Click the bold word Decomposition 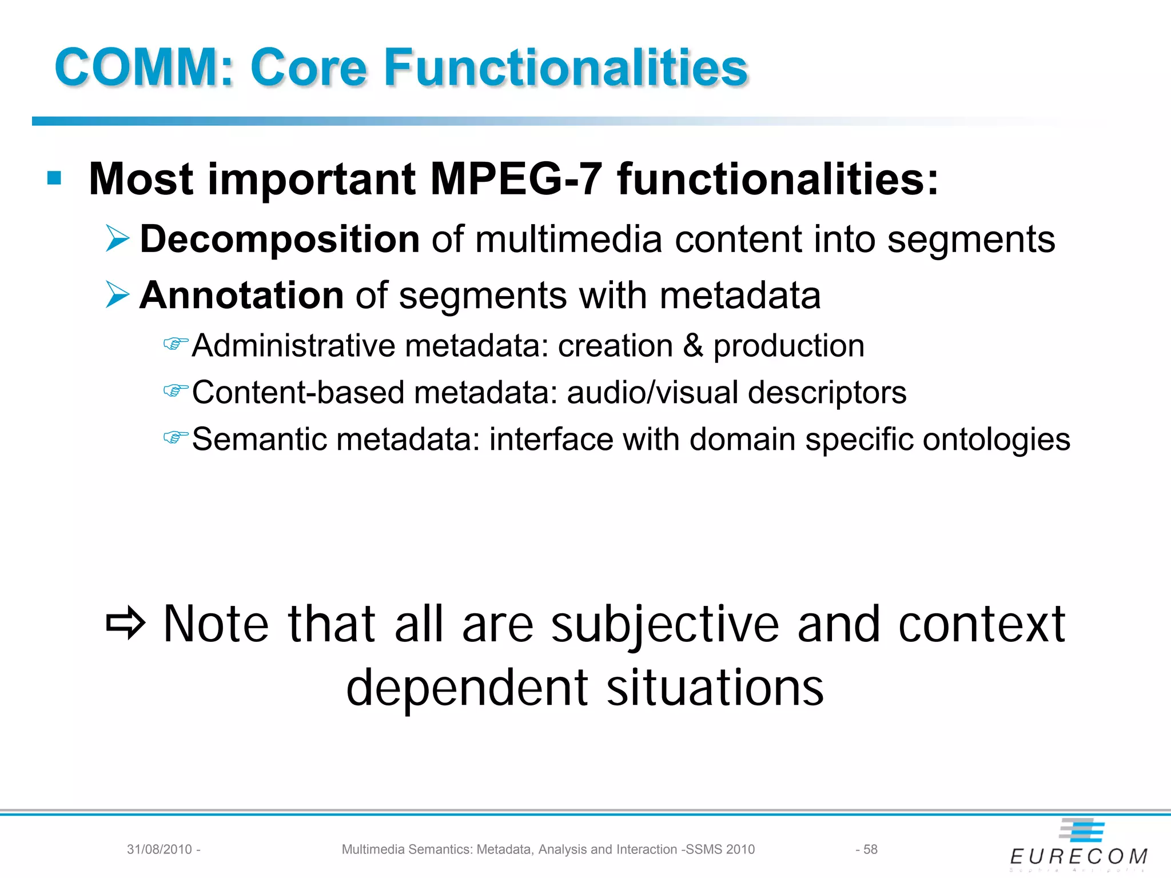click(280, 239)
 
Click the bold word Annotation click(241, 296)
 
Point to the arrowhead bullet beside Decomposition click(118, 238)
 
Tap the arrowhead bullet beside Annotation click(118, 295)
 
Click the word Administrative click(293, 346)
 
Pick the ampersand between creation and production click(693, 346)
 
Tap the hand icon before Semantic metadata click(175, 438)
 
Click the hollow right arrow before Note click(126, 623)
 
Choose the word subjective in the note click(664, 624)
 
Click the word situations click(715, 687)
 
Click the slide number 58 click(870, 849)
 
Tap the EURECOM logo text click(1078, 856)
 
